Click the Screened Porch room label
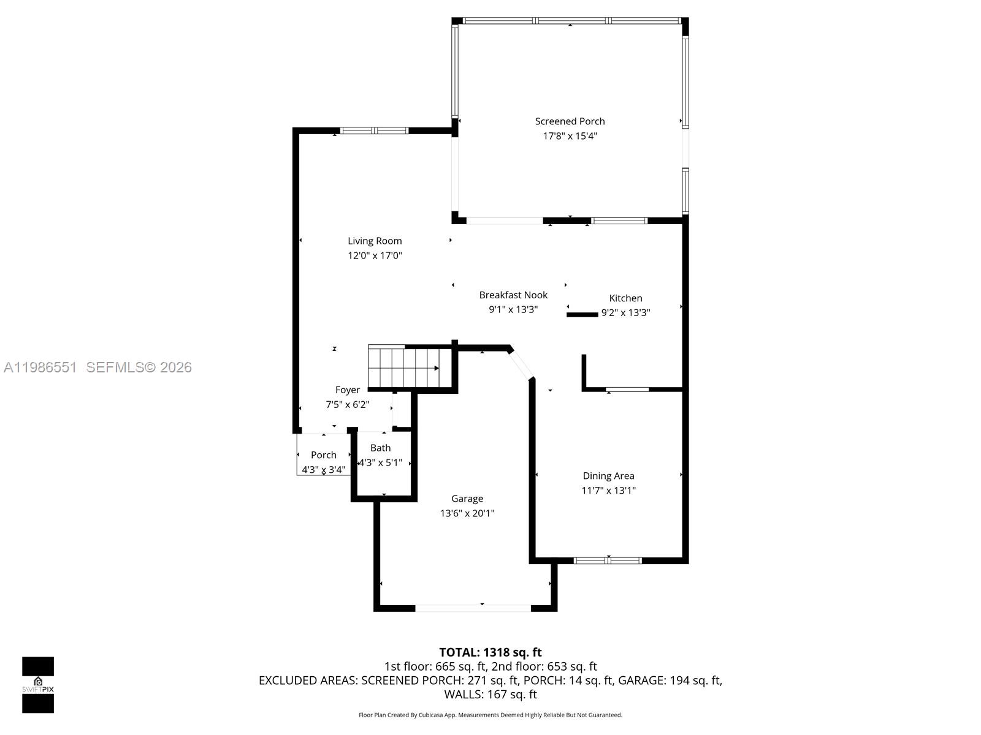(570, 121)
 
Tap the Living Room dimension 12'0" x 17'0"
(375, 256)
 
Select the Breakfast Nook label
(513, 295)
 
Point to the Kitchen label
(625, 298)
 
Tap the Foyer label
(347, 390)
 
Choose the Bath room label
(380, 448)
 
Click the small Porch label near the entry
(323, 455)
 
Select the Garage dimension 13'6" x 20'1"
(467, 513)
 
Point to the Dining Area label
(608, 476)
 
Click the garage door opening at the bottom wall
(473, 608)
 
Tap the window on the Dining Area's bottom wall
(608, 560)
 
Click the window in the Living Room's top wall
(374, 130)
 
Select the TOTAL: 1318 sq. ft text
(490, 652)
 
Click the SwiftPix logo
(38, 685)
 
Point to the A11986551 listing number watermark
(40, 367)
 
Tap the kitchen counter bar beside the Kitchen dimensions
(582, 315)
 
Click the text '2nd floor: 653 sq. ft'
(544, 666)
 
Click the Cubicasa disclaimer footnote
(490, 715)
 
